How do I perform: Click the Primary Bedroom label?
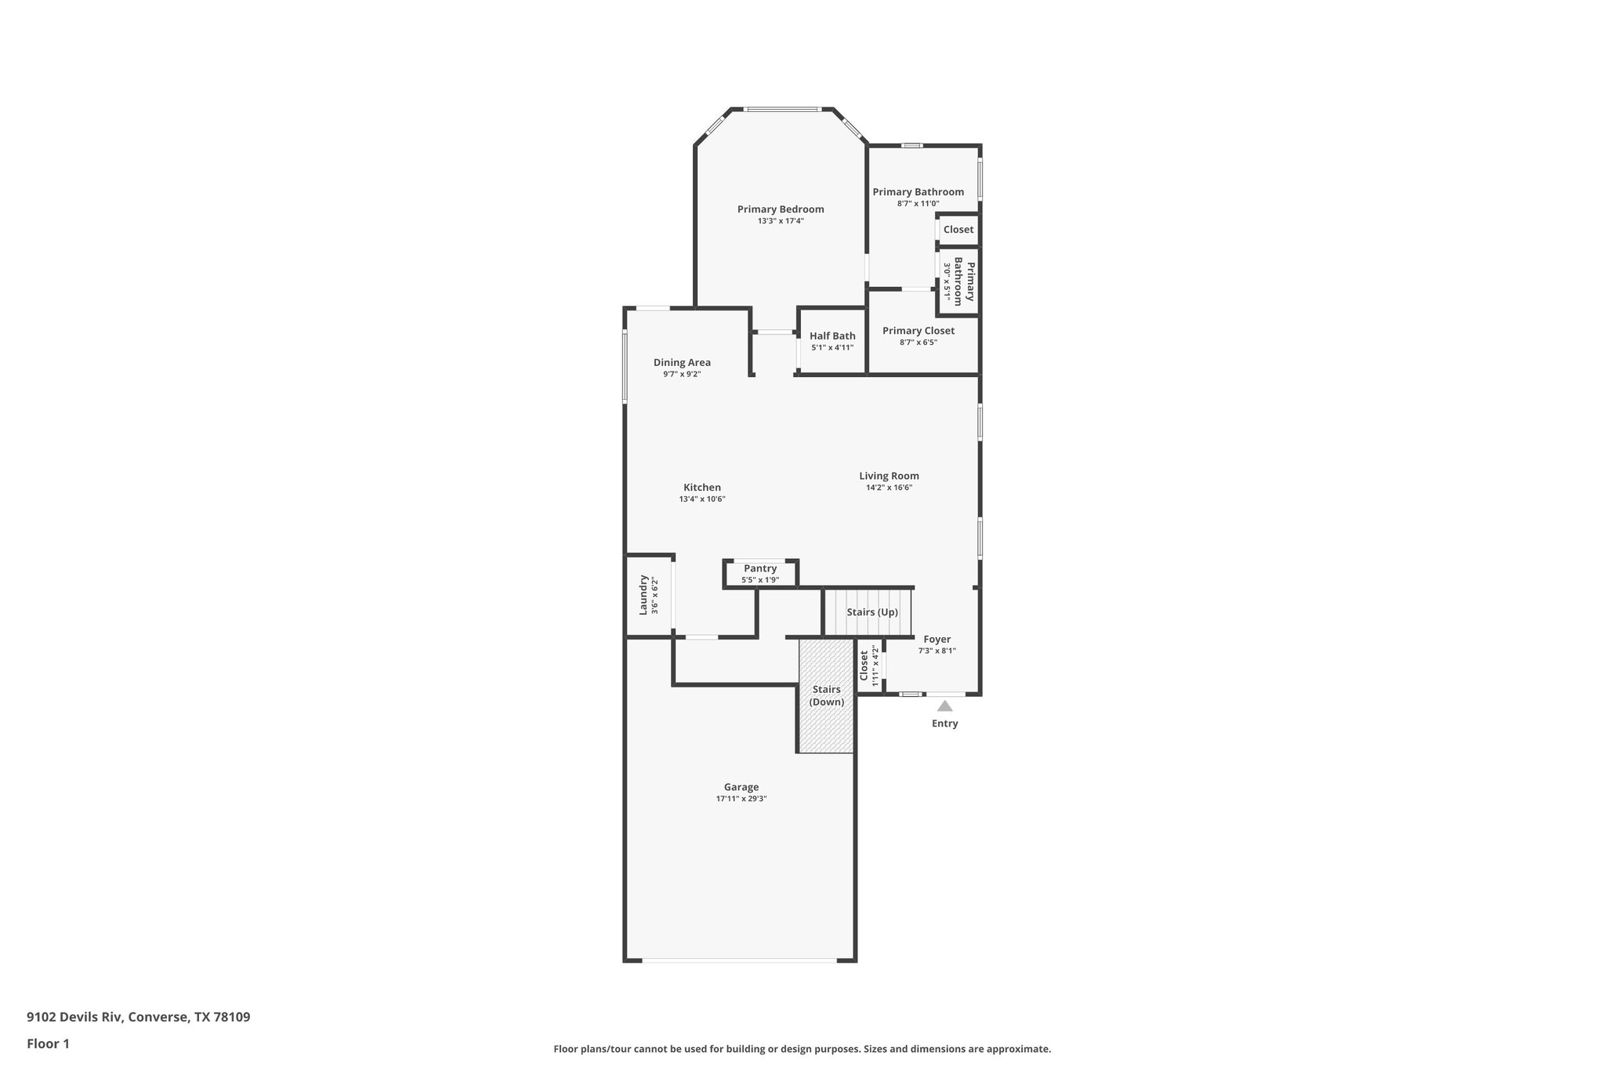click(x=780, y=209)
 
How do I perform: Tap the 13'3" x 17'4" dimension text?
click(x=780, y=221)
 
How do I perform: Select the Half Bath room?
click(x=832, y=341)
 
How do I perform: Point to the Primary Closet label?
click(x=918, y=331)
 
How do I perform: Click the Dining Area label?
click(x=682, y=362)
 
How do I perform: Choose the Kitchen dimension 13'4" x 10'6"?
click(x=701, y=499)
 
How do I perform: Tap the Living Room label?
click(x=889, y=476)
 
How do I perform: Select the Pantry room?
click(x=760, y=573)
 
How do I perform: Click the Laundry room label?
click(x=643, y=595)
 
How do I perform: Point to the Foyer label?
click(x=937, y=640)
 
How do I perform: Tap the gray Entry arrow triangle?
click(x=944, y=706)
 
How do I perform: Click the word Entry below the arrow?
click(x=944, y=724)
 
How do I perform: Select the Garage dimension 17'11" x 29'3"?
click(x=741, y=799)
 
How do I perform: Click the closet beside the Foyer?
click(x=869, y=666)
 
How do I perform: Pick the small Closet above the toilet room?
click(x=958, y=230)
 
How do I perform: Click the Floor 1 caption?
click(x=48, y=1043)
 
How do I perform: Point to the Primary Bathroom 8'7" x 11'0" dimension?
click(x=918, y=204)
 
